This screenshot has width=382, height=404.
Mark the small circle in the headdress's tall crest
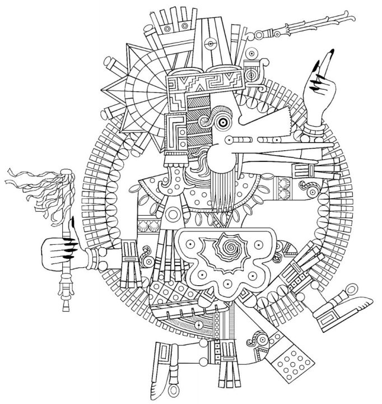click(210, 43)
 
